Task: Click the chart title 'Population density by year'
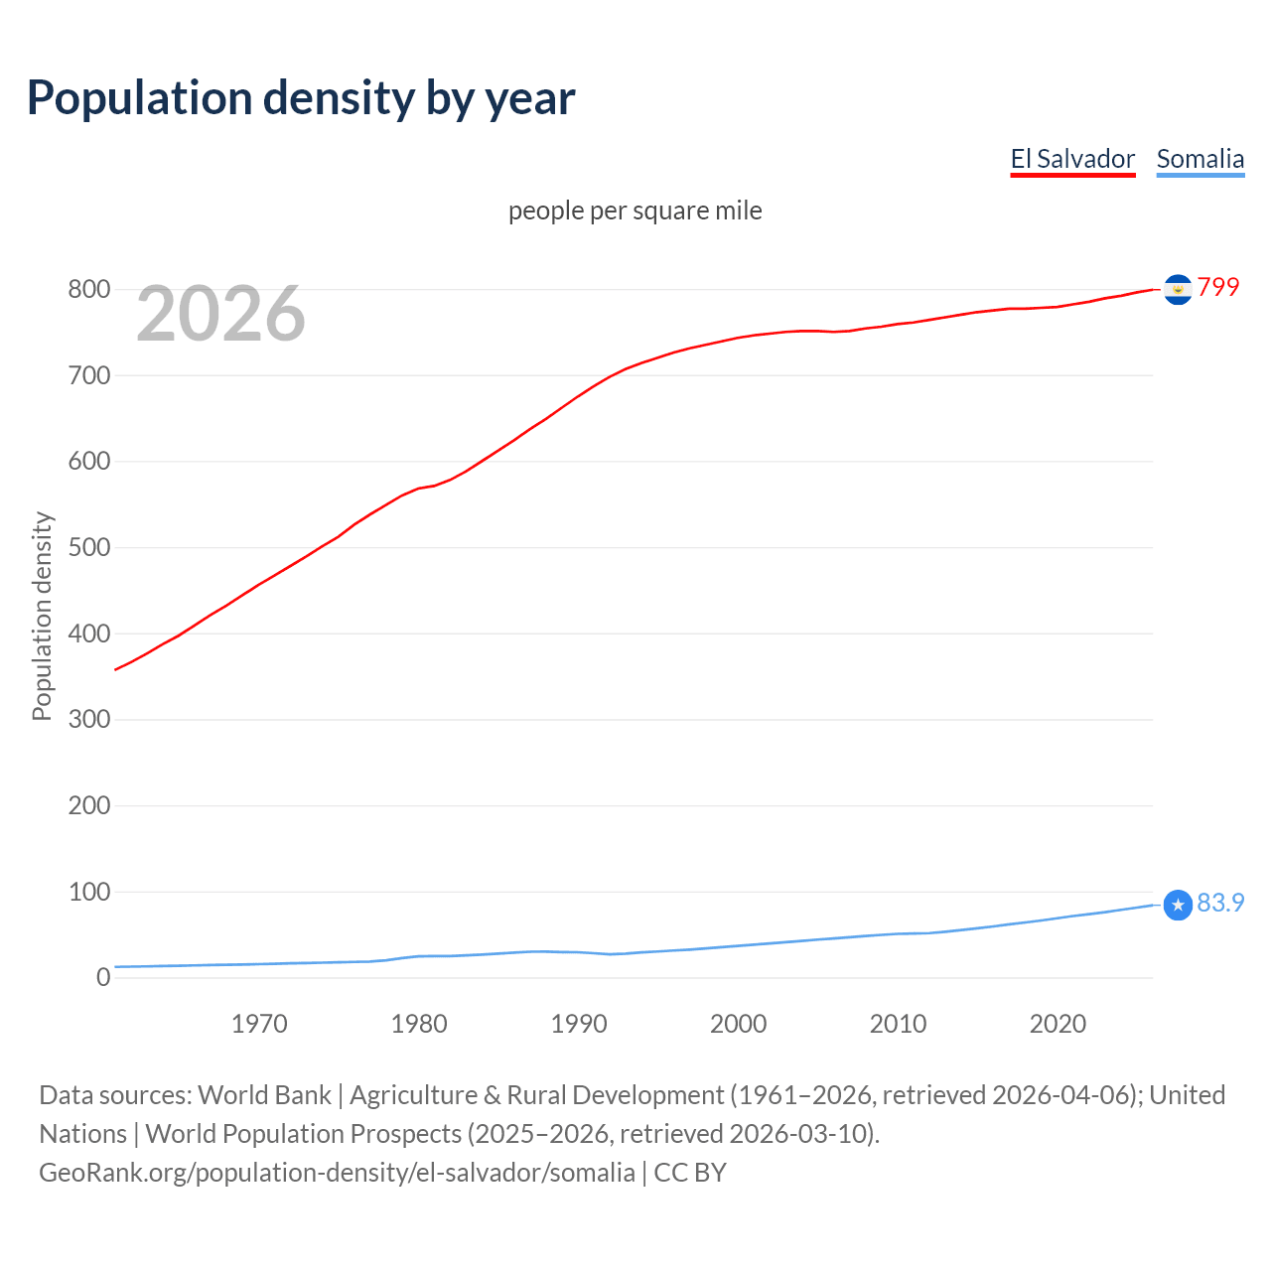click(301, 98)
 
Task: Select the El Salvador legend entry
click(1072, 159)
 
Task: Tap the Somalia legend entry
click(1200, 159)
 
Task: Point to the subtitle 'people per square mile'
click(635, 211)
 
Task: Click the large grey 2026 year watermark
click(220, 314)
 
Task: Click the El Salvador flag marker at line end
click(1178, 289)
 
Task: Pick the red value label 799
click(1218, 287)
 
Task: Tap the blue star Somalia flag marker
click(1178, 905)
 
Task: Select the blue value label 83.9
click(1220, 903)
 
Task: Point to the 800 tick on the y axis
click(88, 290)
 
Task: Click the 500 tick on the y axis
click(88, 547)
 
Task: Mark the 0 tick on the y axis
click(103, 977)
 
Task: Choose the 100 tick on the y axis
click(88, 892)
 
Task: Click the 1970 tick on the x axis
click(259, 1024)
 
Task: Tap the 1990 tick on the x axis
click(579, 1024)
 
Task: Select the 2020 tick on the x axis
click(1058, 1024)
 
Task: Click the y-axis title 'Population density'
click(42, 616)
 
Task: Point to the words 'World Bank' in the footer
click(264, 1095)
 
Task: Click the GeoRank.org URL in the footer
click(337, 1173)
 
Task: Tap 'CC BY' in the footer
click(690, 1173)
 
